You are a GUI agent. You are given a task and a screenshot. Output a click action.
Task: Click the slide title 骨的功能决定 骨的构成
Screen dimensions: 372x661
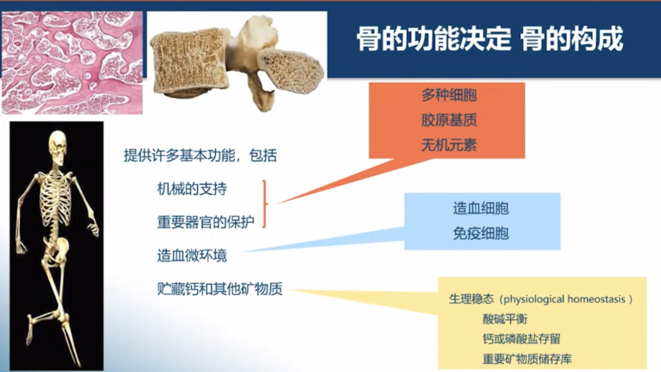(489, 39)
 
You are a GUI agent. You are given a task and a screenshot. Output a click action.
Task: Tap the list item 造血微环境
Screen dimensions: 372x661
(187, 255)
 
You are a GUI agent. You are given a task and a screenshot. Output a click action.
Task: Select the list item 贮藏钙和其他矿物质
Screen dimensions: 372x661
(209, 290)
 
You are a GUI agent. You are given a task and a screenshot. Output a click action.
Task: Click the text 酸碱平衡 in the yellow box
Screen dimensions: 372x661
(506, 319)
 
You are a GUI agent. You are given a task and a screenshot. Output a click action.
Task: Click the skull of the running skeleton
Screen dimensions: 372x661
(57, 144)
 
